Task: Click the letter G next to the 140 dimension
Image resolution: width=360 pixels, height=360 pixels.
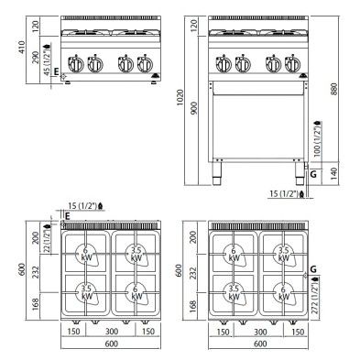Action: click(x=313, y=172)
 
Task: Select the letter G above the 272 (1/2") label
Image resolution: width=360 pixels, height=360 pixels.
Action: click(x=313, y=268)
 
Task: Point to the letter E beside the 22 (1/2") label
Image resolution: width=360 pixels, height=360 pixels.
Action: click(x=67, y=216)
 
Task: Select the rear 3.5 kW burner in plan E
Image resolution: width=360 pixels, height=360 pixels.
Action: click(x=135, y=251)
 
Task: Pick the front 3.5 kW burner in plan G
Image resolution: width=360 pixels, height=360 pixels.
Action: click(x=235, y=292)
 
